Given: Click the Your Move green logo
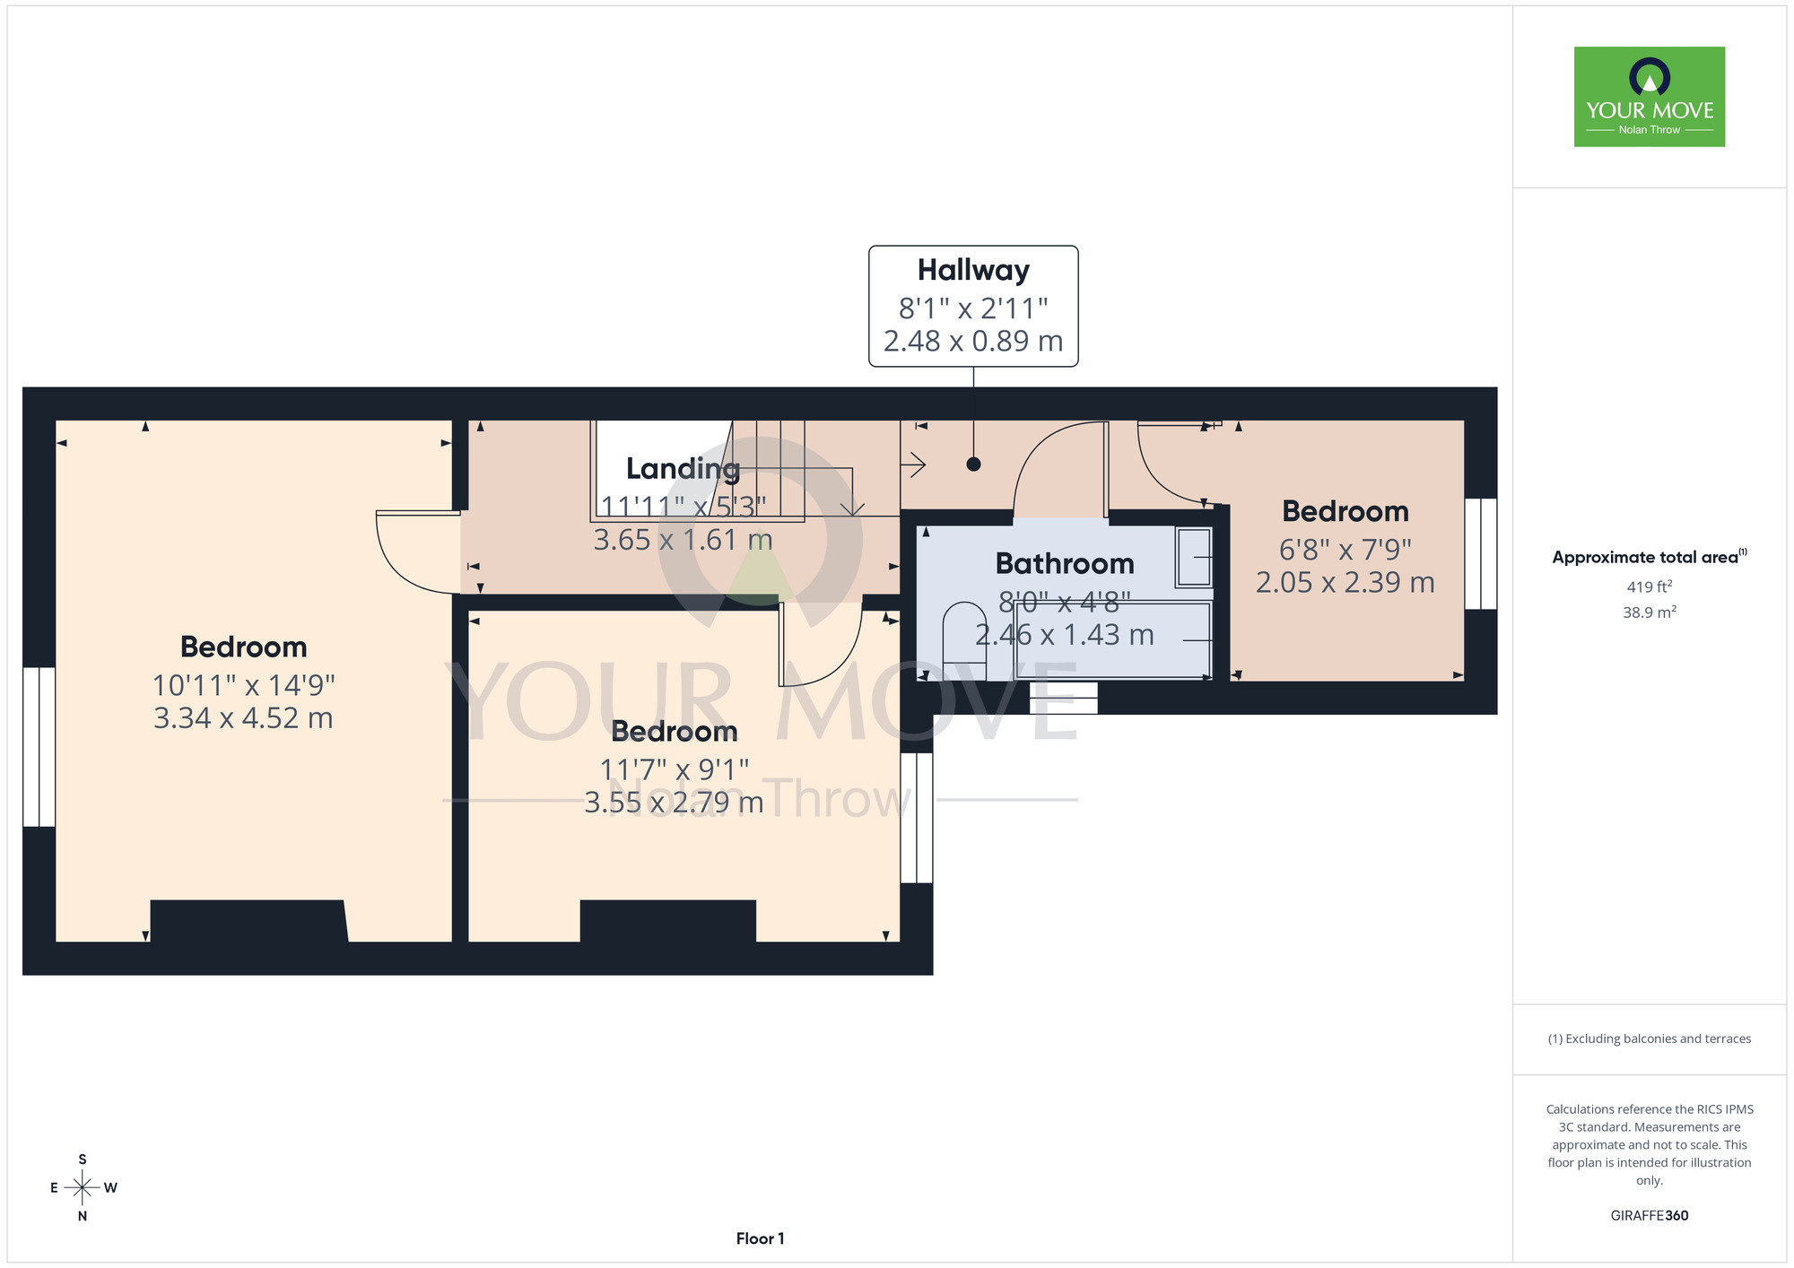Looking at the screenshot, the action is pyautogui.click(x=1649, y=97).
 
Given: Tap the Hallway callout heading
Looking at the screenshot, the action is pyautogui.click(x=973, y=270).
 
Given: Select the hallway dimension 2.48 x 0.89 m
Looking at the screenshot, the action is pyautogui.click(x=973, y=341).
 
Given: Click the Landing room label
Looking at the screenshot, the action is pyautogui.click(x=683, y=468).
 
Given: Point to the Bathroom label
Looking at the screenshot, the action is pyautogui.click(x=1065, y=563).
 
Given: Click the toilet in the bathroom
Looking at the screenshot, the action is pyautogui.click(x=964, y=640).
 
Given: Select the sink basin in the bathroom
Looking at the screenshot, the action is pyautogui.click(x=1194, y=557).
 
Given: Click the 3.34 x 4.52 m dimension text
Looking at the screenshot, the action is pyautogui.click(x=243, y=718).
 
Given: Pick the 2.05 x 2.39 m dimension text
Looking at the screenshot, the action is pyautogui.click(x=1345, y=583).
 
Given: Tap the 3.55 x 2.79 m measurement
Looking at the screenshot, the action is pyautogui.click(x=674, y=803).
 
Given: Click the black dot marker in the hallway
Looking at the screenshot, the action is pyautogui.click(x=973, y=465).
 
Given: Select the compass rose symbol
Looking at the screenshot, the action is pyautogui.click(x=83, y=1188).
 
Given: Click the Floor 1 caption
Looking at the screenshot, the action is pyautogui.click(x=760, y=1238).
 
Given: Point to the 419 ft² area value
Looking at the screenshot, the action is pyautogui.click(x=1649, y=586).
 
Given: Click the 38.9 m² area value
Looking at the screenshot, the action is pyautogui.click(x=1649, y=612).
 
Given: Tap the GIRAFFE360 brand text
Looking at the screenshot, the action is pyautogui.click(x=1649, y=1216).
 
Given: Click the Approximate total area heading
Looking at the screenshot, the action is pyautogui.click(x=1649, y=557).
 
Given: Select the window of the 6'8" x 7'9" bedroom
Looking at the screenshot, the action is pyautogui.click(x=1481, y=554).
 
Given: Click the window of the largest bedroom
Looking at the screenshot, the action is pyautogui.click(x=39, y=747).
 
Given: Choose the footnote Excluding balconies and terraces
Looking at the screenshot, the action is pyautogui.click(x=1649, y=1038).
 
